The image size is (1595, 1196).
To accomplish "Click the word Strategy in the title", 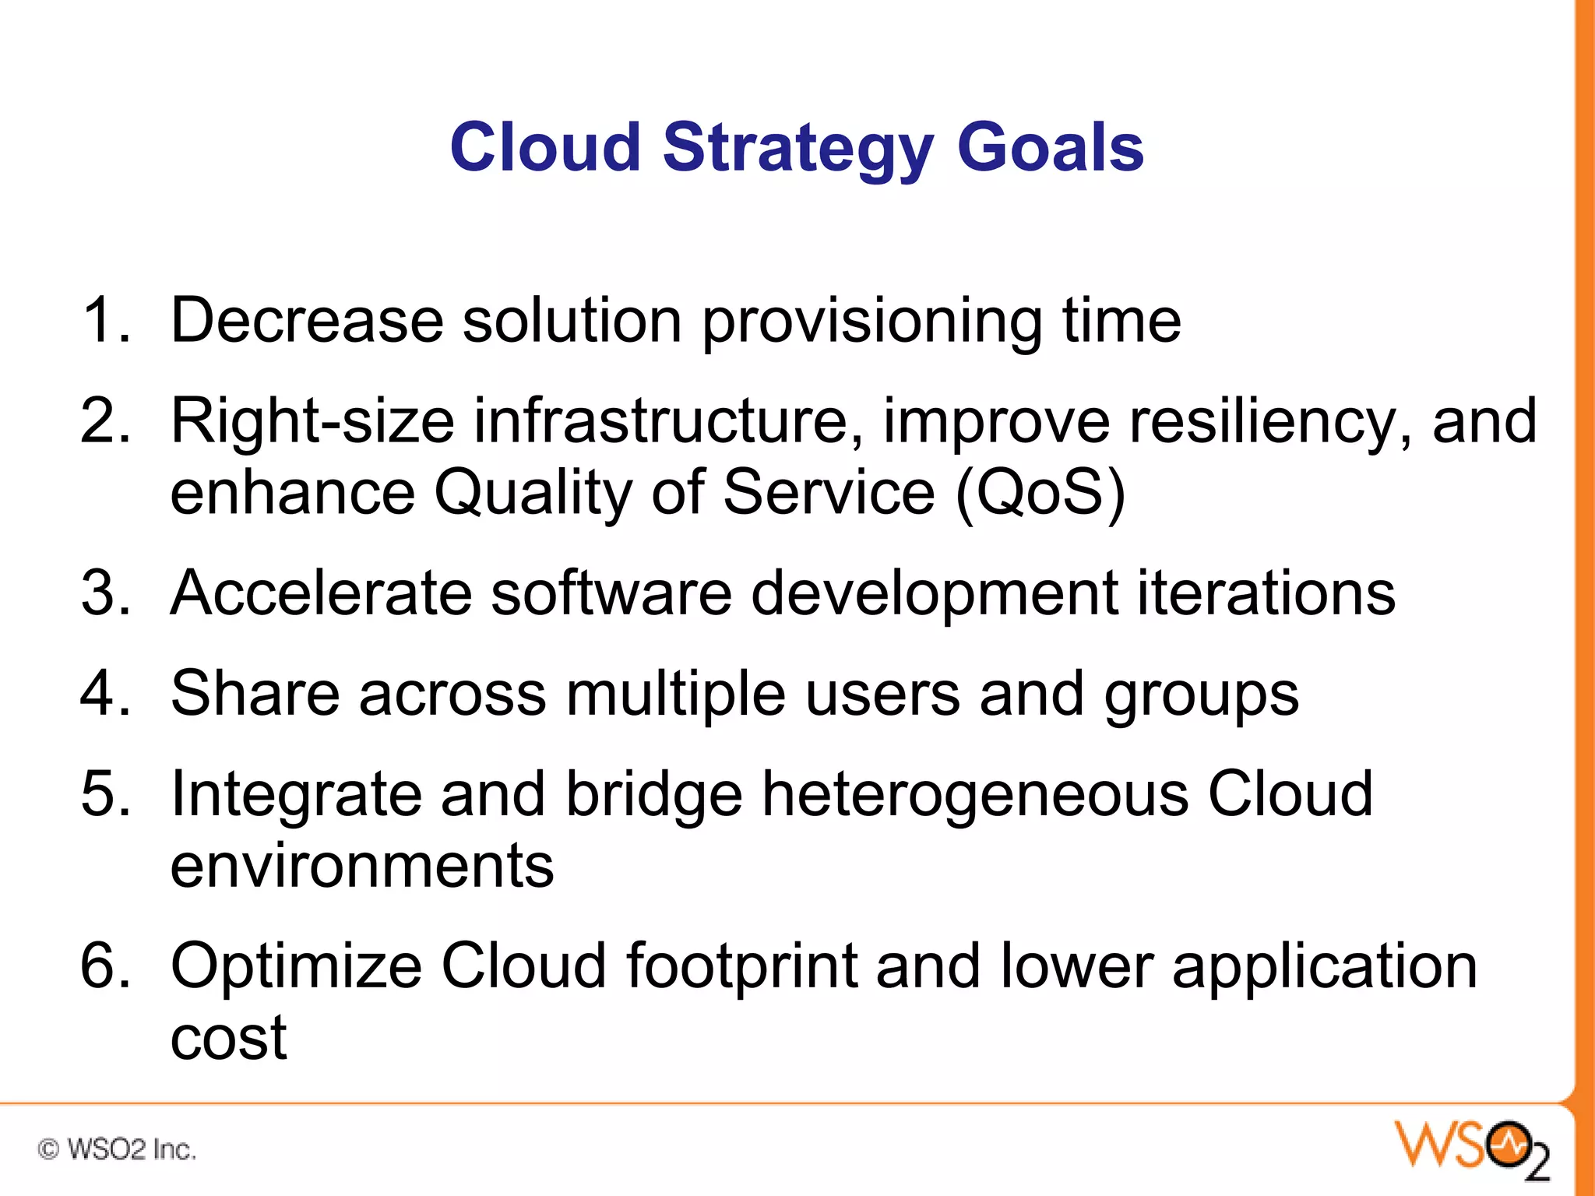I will click(797, 149).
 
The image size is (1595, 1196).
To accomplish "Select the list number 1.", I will click(105, 320).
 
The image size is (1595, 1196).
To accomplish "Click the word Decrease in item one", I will click(307, 320).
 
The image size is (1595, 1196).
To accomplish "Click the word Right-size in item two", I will click(312, 422).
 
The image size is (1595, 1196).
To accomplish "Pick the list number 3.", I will click(105, 593).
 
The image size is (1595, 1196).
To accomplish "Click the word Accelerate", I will click(321, 593).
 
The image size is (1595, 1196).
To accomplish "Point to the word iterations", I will click(1266, 593).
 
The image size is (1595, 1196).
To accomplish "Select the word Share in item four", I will click(255, 693).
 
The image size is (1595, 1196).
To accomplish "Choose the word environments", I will click(362, 866).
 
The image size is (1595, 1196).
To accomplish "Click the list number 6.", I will click(105, 966).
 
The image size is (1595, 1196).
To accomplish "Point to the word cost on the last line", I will click(228, 1039).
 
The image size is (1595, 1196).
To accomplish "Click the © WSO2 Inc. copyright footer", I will click(117, 1149).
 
